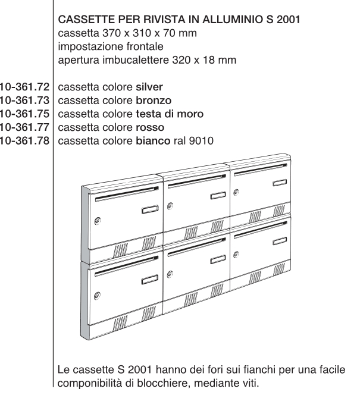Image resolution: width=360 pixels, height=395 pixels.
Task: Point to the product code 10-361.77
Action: pos(26,127)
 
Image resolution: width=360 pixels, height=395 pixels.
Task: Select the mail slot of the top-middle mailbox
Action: pos(194,186)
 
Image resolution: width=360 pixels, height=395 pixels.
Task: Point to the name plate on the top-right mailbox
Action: pos(279,185)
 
